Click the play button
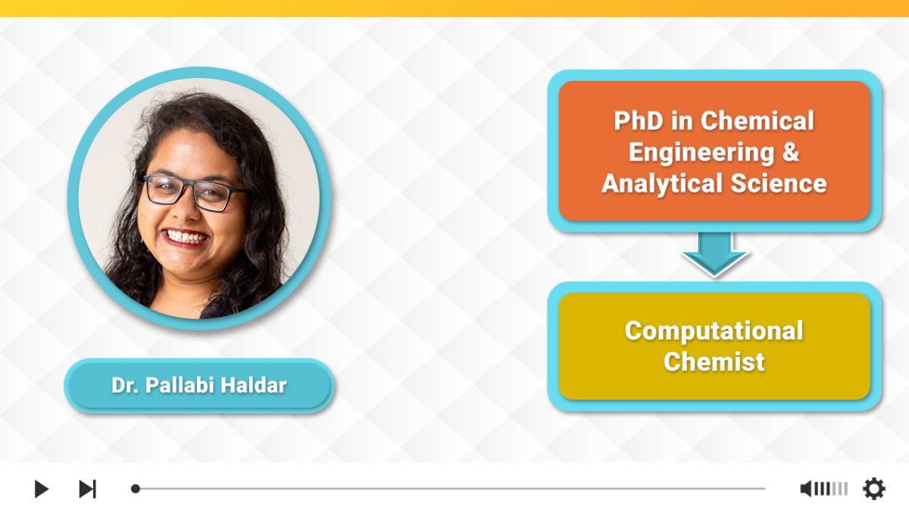[41, 488]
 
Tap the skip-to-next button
[88, 488]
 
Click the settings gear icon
[873, 488]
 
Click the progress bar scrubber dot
[136, 488]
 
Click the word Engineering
[701, 152]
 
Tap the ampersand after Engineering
[791, 151]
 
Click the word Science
[779, 183]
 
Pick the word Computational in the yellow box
[714, 331]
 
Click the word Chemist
[714, 361]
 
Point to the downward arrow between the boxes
[714, 254]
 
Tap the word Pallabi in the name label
[178, 385]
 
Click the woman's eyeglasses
[194, 193]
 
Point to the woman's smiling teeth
[185, 237]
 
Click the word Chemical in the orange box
[757, 121]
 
